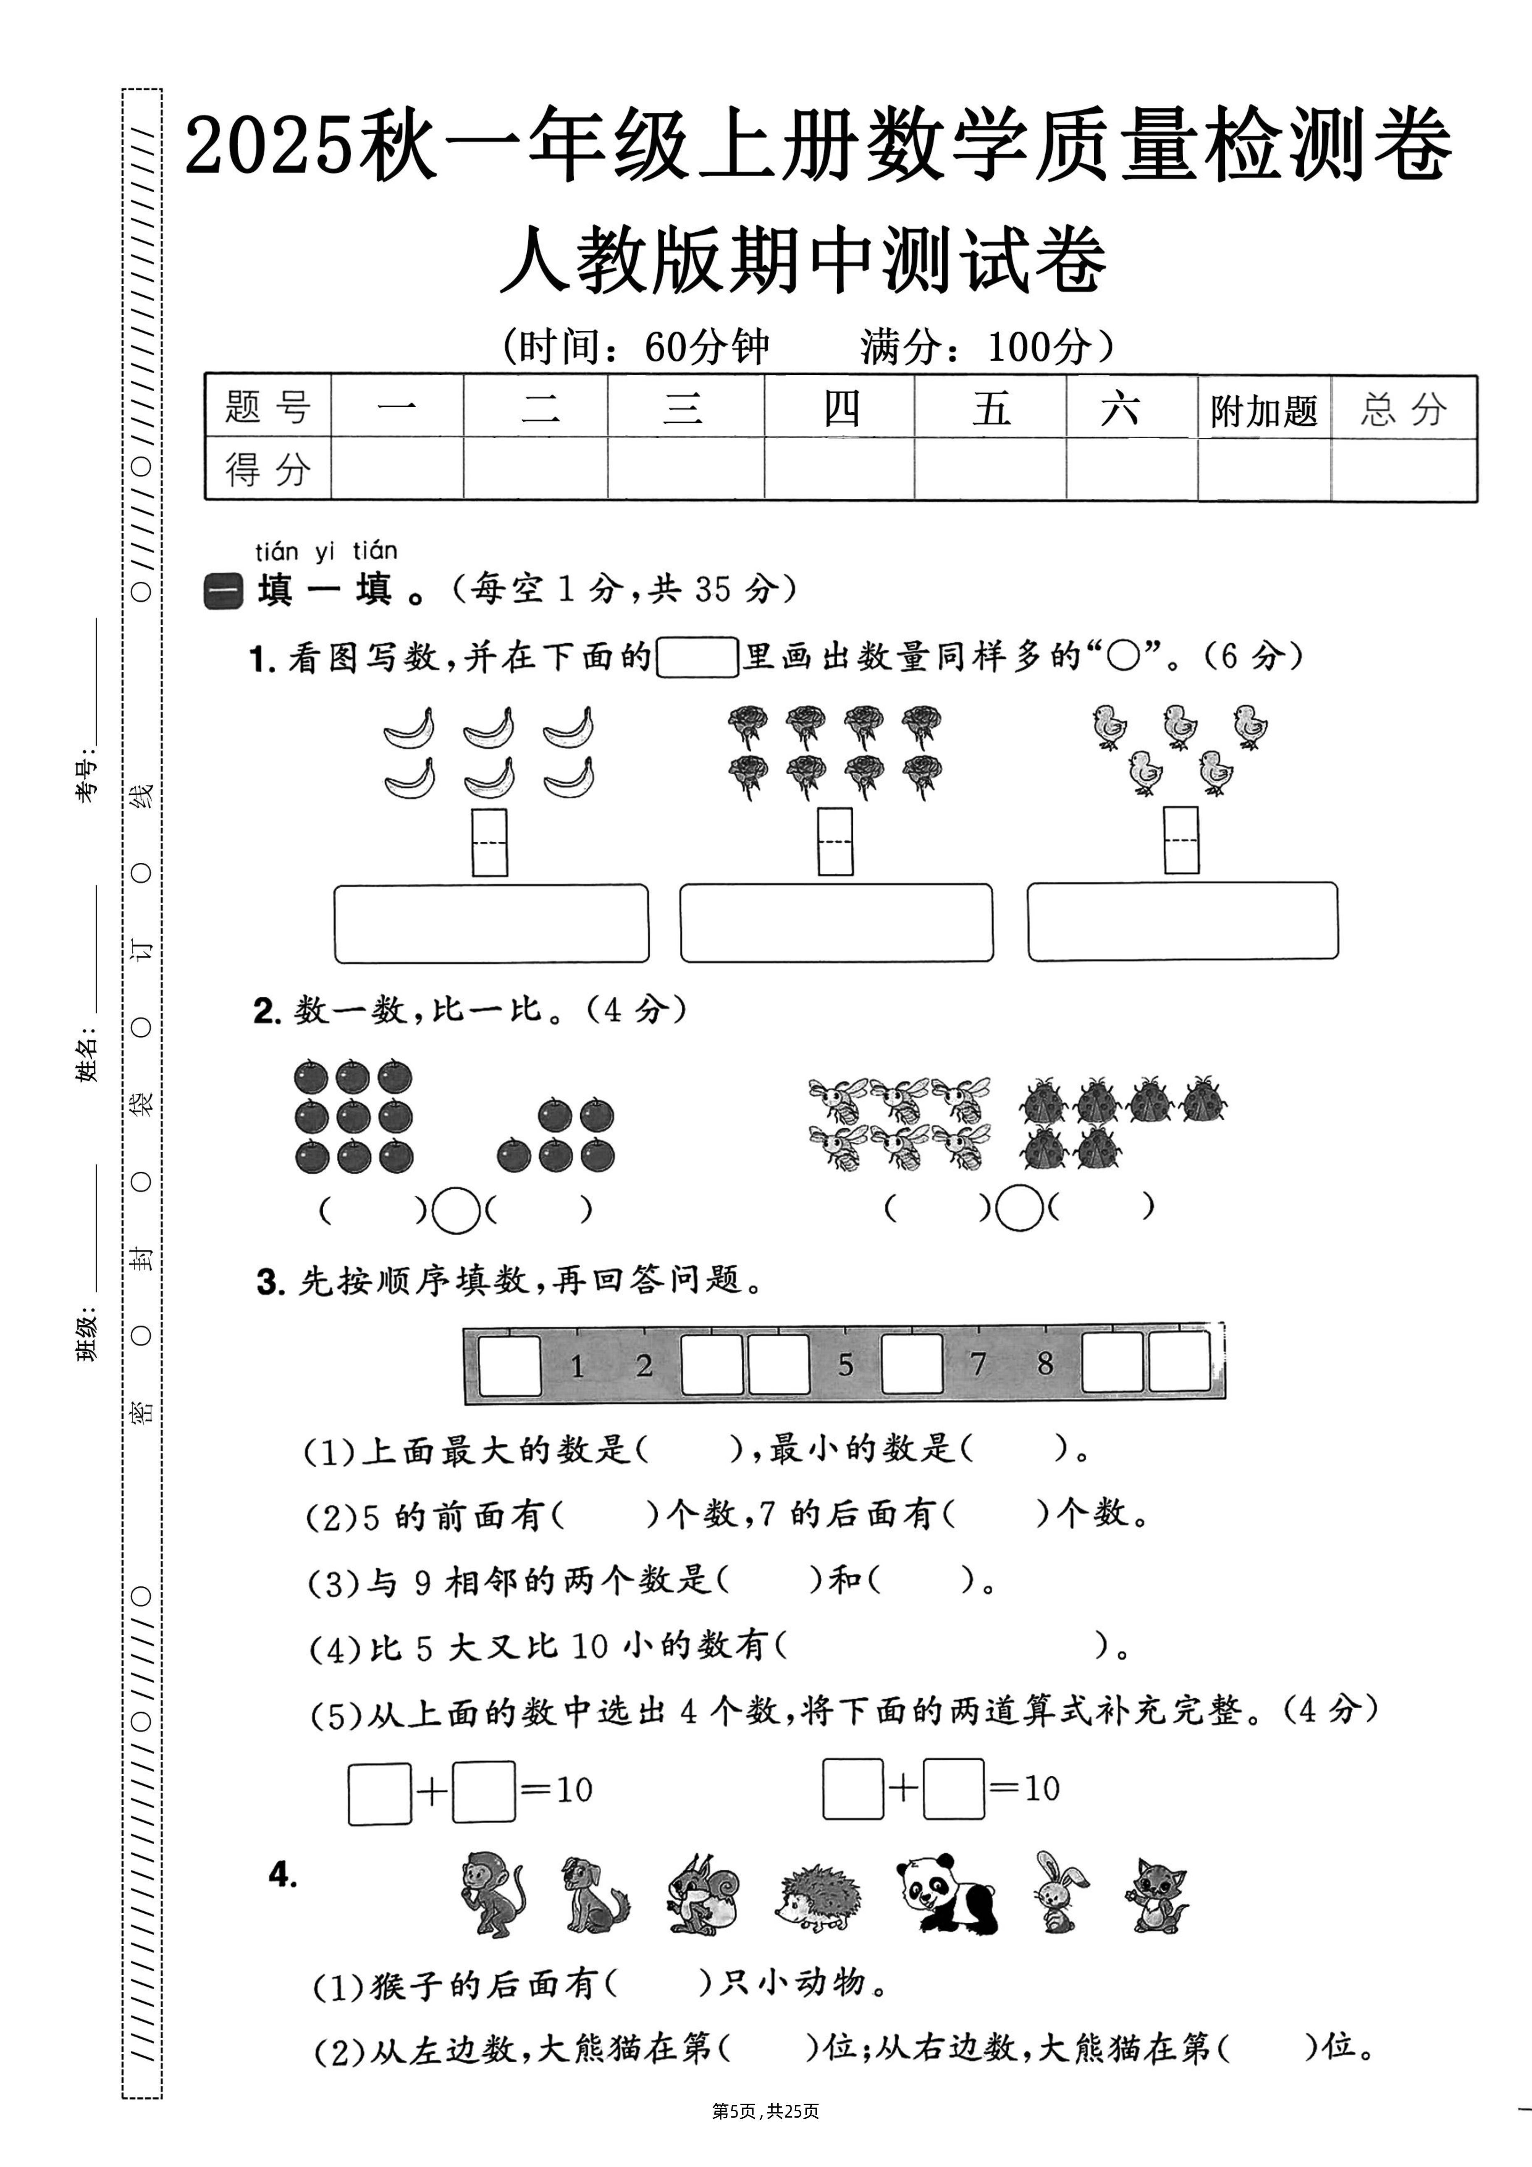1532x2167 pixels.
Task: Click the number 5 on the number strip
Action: (x=846, y=1365)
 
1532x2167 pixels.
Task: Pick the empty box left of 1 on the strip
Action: (x=510, y=1365)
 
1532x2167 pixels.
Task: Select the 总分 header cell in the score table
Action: (x=1404, y=410)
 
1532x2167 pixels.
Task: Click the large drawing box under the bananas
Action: (x=491, y=923)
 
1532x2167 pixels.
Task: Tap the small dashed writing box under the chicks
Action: (x=1181, y=840)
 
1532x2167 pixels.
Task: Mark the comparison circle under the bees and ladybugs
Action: (x=1019, y=1208)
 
